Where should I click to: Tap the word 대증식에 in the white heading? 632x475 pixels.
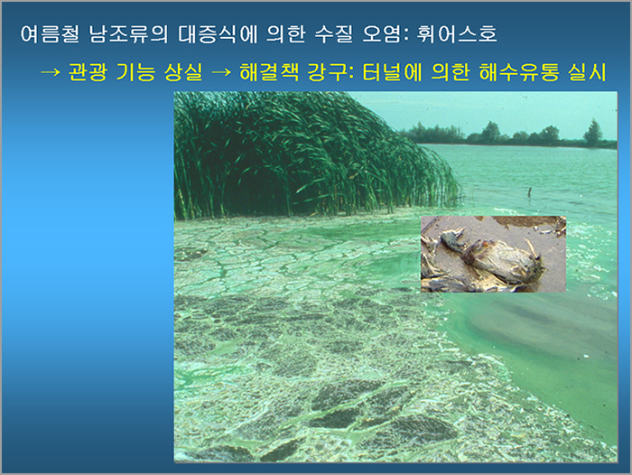(x=218, y=34)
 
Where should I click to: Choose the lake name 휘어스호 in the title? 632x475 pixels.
(x=457, y=34)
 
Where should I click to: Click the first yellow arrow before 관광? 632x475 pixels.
(x=51, y=72)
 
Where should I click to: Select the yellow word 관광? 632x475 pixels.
(x=88, y=72)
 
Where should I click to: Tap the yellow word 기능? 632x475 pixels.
(x=135, y=72)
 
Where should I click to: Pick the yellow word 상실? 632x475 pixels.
(x=183, y=72)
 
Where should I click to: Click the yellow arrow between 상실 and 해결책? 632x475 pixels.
(x=221, y=72)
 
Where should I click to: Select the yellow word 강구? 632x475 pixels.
(x=330, y=72)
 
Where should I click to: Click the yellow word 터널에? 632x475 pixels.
(x=392, y=72)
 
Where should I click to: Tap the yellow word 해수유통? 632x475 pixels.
(x=519, y=72)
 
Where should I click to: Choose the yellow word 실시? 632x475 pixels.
(x=587, y=72)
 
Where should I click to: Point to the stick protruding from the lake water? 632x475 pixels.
(x=530, y=192)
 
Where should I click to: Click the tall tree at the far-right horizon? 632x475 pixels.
(x=593, y=133)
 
